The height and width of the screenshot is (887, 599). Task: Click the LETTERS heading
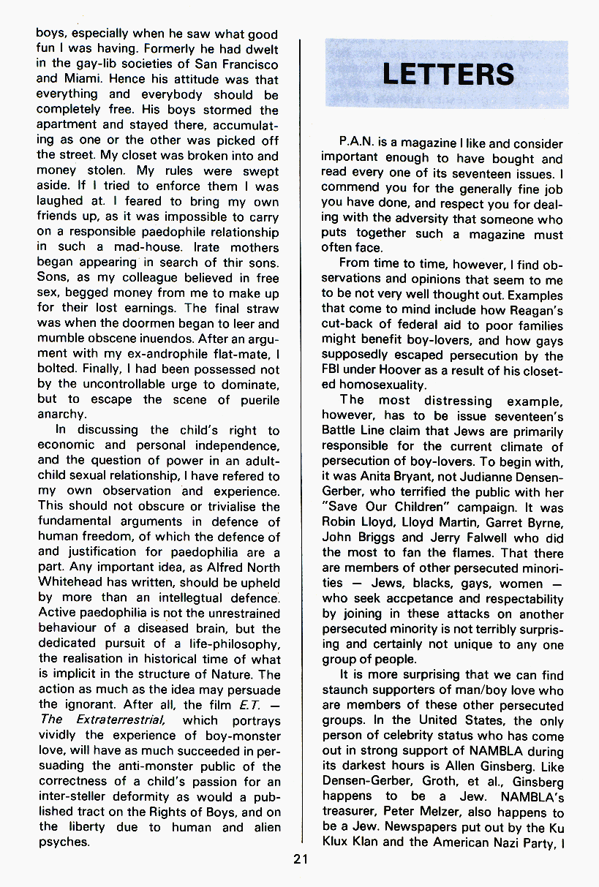pos(448,74)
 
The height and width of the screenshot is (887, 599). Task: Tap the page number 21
pos(301,860)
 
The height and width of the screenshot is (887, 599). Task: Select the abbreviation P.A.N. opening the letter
pos(356,144)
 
